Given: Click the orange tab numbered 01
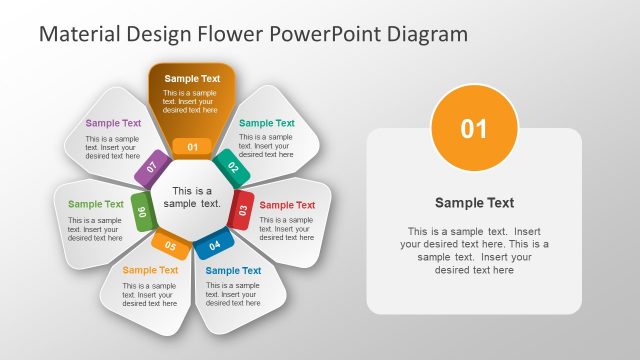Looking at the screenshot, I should [192, 147].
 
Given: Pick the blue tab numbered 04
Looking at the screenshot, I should [214, 244].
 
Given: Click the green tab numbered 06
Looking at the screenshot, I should [142, 211].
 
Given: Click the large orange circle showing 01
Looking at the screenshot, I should [474, 128].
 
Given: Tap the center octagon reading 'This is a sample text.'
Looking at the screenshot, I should [192, 197].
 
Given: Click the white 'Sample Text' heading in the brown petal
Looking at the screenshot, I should [192, 78].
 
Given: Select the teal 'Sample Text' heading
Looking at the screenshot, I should [267, 123].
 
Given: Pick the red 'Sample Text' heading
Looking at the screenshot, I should [287, 205].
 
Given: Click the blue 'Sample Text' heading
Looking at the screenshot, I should [233, 270].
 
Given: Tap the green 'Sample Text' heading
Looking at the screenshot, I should [96, 204].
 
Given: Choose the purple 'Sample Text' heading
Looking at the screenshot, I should [113, 123].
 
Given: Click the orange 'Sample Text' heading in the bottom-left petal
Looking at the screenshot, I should [150, 270].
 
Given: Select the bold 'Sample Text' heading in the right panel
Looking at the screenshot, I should [474, 203].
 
